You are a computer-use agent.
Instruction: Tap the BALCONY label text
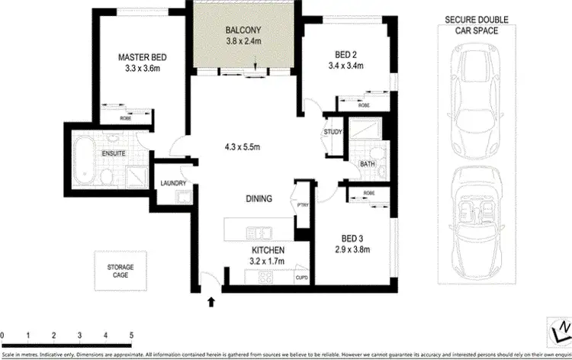[243, 31]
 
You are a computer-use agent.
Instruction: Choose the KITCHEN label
[268, 249]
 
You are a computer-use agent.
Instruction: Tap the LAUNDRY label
[175, 183]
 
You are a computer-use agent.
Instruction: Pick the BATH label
[367, 164]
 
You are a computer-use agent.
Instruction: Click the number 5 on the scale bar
[131, 335]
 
